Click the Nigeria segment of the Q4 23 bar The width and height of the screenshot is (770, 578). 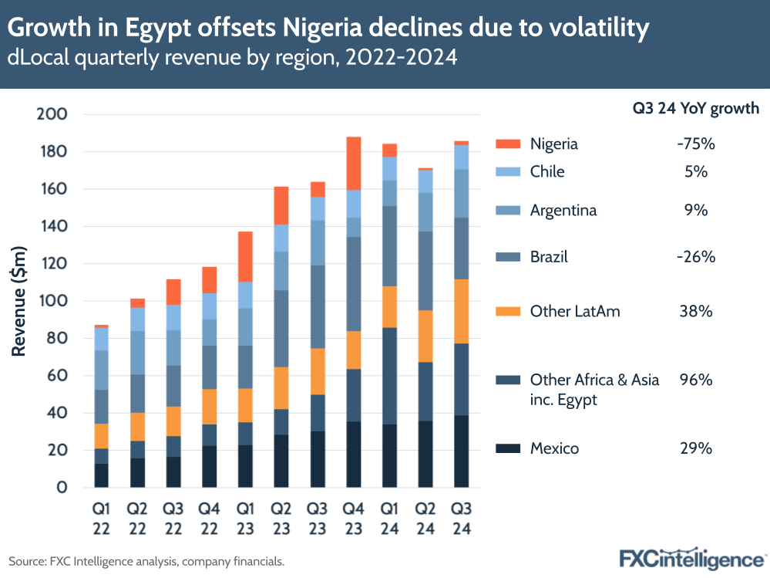pyautogui.click(x=354, y=163)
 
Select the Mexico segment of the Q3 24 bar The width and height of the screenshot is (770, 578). pyautogui.click(x=461, y=451)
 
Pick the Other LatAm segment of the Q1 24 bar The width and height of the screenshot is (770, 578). pyautogui.click(x=389, y=307)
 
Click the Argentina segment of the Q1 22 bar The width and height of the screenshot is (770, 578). pyautogui.click(x=101, y=370)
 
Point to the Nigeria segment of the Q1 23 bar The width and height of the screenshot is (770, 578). pyautogui.click(x=245, y=256)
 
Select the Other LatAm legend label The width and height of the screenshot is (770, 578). pyautogui.click(x=575, y=312)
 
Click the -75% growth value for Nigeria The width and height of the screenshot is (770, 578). pyautogui.click(x=695, y=144)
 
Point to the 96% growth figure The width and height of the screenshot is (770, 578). pyautogui.click(x=695, y=380)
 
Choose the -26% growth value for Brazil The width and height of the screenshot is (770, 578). pyautogui.click(x=695, y=257)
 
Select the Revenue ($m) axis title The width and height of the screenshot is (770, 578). pyautogui.click(x=20, y=301)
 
